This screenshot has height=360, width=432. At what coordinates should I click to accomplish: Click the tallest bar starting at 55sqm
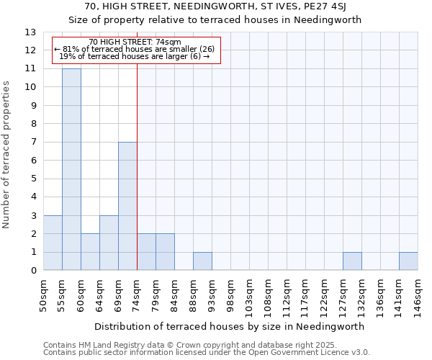click(71, 169)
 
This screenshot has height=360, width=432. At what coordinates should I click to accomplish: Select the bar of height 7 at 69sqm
click(127, 206)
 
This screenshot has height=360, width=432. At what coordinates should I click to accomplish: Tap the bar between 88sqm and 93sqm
click(202, 261)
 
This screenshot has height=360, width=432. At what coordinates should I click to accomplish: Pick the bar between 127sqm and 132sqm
click(352, 261)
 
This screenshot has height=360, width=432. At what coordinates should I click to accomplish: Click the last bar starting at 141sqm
click(408, 261)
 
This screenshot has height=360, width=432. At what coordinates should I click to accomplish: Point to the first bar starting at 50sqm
click(53, 243)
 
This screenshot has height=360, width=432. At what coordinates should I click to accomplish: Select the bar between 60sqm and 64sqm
click(90, 252)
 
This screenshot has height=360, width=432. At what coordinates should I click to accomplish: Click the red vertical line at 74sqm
click(137, 166)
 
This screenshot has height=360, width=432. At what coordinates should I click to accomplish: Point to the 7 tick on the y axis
click(33, 142)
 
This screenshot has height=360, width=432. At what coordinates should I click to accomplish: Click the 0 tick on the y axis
click(33, 271)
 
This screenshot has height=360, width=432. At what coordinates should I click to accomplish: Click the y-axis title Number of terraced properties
click(7, 155)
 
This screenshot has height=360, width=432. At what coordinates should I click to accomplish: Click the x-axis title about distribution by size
click(230, 325)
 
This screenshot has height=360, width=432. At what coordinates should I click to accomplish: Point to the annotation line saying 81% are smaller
click(134, 49)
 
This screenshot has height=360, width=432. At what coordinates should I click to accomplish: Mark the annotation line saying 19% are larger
click(134, 56)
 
